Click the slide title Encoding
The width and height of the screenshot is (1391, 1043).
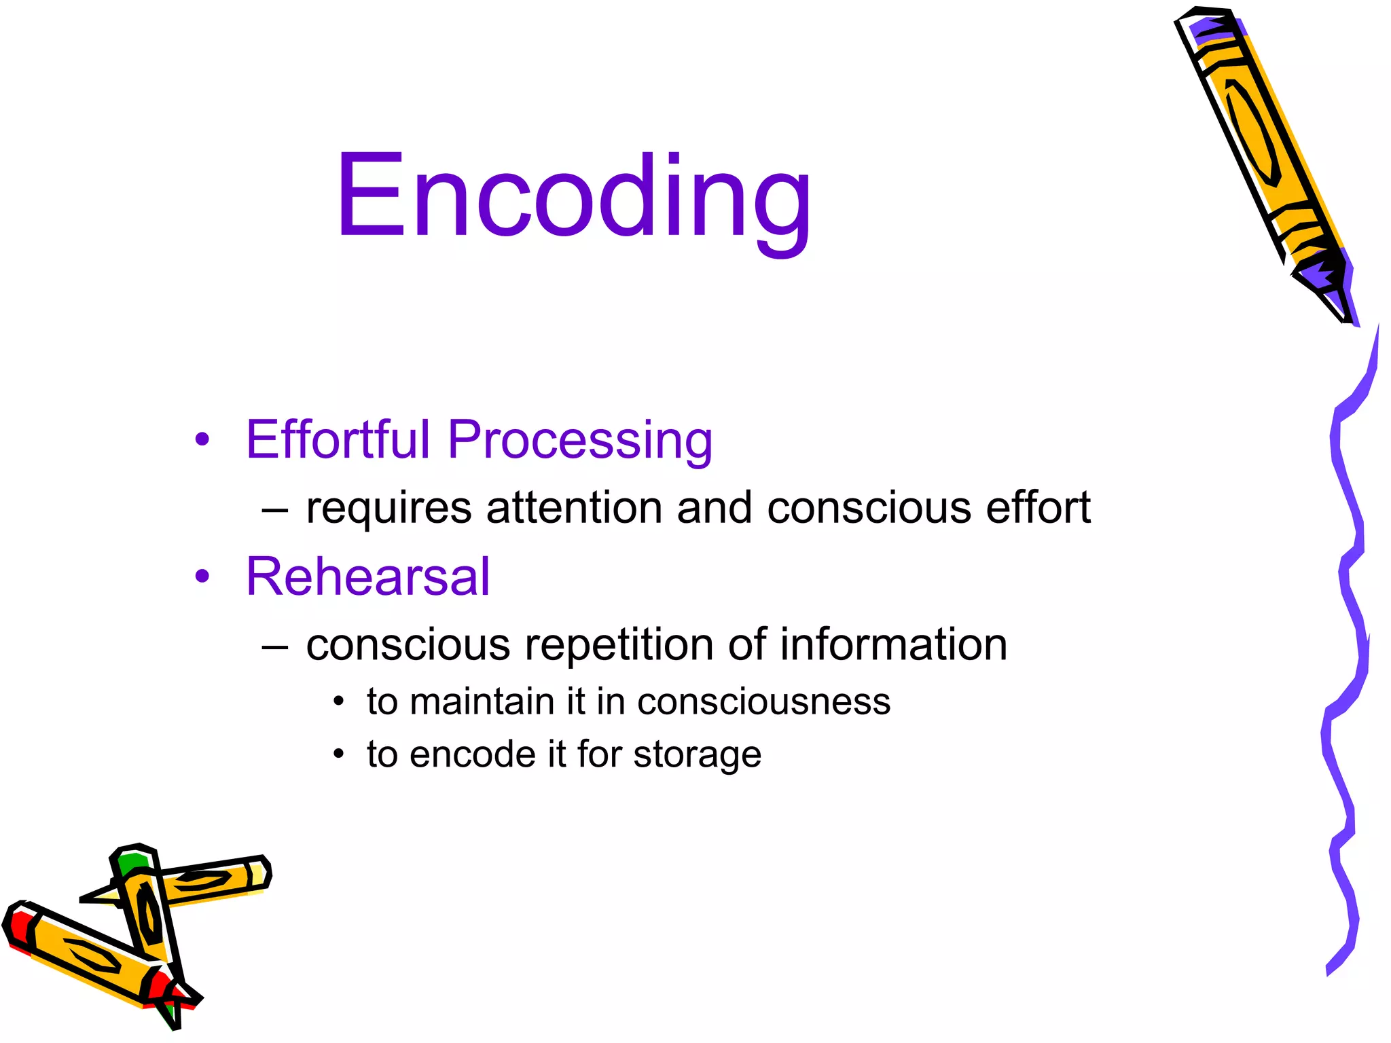[x=574, y=197]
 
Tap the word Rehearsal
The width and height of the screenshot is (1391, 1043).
[x=367, y=577]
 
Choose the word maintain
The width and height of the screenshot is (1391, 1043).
[x=482, y=701]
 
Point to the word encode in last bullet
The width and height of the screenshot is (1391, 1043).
[x=472, y=754]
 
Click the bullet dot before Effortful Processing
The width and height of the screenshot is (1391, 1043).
[x=202, y=439]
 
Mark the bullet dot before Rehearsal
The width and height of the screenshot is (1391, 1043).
[x=202, y=577]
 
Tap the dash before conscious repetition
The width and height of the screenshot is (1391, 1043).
[x=274, y=646]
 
